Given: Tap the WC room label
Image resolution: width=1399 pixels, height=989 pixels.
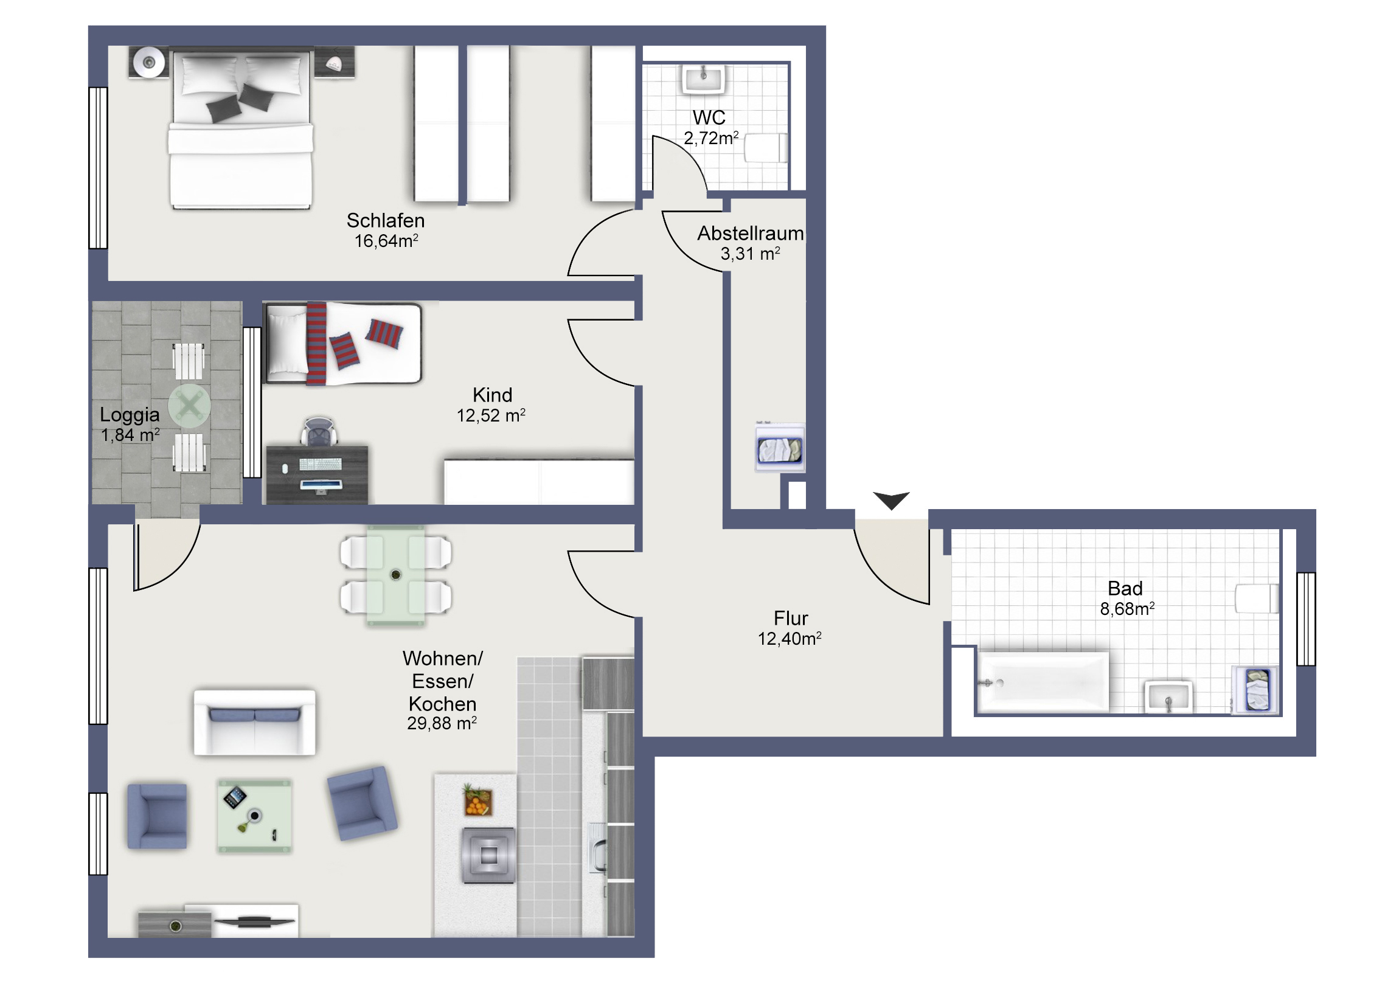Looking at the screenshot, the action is [709, 117].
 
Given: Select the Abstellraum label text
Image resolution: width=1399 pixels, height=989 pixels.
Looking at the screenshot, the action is [750, 234].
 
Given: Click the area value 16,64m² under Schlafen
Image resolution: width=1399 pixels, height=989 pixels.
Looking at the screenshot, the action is [386, 241].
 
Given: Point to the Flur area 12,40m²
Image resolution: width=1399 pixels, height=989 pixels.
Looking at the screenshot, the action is [790, 639].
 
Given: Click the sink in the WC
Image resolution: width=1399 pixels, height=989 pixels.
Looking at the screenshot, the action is [704, 79].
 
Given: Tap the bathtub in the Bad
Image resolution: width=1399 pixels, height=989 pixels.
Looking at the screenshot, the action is [1043, 682].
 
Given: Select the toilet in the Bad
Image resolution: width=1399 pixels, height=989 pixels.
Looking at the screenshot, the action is [1257, 599].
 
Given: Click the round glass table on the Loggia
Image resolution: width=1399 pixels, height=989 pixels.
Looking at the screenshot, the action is [190, 406].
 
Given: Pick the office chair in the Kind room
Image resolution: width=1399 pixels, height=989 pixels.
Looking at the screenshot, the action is [319, 431].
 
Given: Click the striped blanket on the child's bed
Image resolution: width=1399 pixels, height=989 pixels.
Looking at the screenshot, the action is [316, 344].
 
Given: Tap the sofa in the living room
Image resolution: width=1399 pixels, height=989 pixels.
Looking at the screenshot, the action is [255, 722].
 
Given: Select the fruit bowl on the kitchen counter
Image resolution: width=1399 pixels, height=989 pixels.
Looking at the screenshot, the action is [477, 800].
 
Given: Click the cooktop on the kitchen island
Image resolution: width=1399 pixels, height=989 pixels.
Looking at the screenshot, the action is [488, 856].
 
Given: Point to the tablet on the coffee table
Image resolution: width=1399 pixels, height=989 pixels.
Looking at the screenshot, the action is [235, 796].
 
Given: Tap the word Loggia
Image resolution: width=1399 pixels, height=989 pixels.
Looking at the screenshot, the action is [130, 415].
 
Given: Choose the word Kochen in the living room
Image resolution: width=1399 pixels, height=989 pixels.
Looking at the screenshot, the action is [442, 704].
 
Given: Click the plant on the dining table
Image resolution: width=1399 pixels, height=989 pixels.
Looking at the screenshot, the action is [395, 574].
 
